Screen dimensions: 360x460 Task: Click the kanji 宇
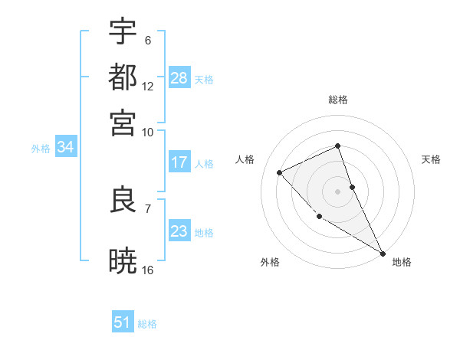point(123,31)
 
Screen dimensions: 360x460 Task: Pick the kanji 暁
point(123,261)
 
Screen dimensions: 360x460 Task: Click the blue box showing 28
point(179,78)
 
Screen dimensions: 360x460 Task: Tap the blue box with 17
point(179,162)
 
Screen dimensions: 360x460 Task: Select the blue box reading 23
point(179,231)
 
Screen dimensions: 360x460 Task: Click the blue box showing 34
point(65,147)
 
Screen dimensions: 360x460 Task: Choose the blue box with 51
point(123,322)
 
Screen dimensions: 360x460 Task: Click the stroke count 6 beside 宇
point(148,40)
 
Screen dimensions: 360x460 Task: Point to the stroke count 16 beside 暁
point(148,270)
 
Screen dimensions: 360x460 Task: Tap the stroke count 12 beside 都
point(148,86)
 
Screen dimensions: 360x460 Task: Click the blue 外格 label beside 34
point(41,149)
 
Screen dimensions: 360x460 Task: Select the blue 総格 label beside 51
point(147,324)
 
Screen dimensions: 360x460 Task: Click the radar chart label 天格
point(431,159)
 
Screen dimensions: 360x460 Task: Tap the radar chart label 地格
point(402,262)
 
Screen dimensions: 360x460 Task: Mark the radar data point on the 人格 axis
point(280,172)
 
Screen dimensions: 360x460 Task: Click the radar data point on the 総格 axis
point(337,146)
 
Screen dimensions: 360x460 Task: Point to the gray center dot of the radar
point(337,191)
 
